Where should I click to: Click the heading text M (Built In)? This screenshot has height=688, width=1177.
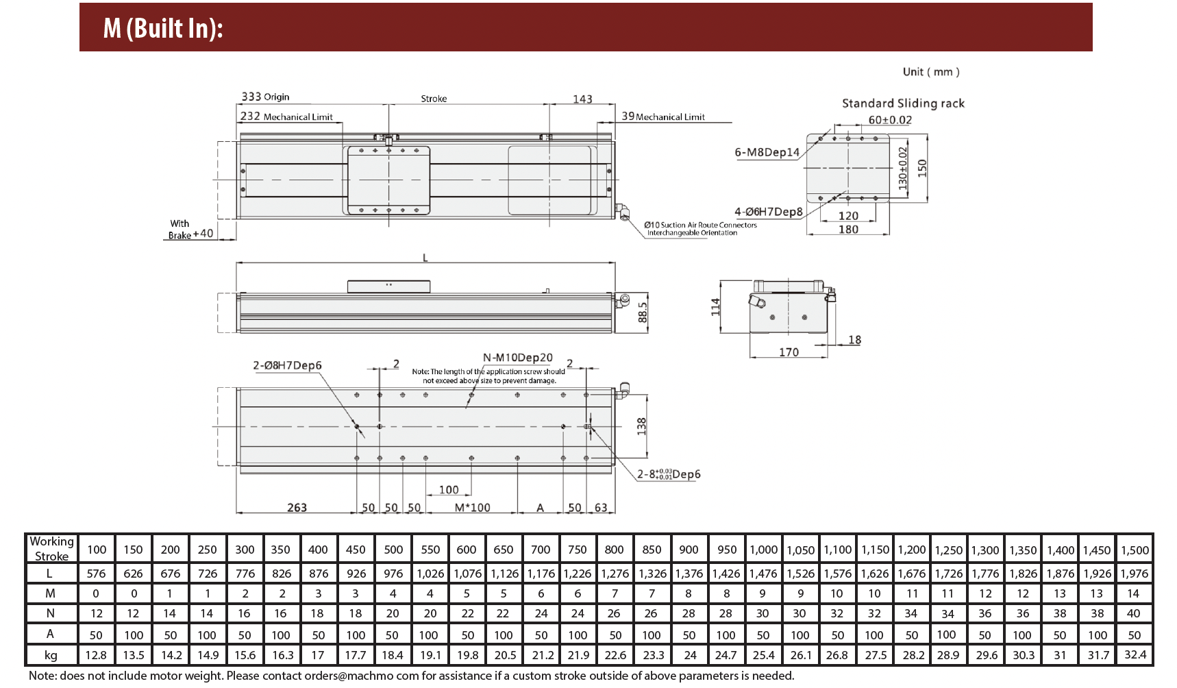(x=163, y=28)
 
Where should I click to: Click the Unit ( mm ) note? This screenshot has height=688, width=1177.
(x=931, y=72)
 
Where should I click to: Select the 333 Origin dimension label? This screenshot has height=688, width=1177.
(x=265, y=97)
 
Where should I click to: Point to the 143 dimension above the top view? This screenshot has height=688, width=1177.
(x=582, y=99)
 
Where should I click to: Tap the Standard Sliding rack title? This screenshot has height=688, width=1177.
(x=903, y=103)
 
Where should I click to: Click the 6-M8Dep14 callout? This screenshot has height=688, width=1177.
(x=767, y=152)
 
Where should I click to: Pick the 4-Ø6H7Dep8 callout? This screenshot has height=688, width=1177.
(x=769, y=212)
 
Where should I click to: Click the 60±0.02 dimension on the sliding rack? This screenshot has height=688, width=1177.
(x=890, y=120)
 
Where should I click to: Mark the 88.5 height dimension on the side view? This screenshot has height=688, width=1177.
(x=643, y=312)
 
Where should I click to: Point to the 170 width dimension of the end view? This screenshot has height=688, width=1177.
(x=789, y=352)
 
